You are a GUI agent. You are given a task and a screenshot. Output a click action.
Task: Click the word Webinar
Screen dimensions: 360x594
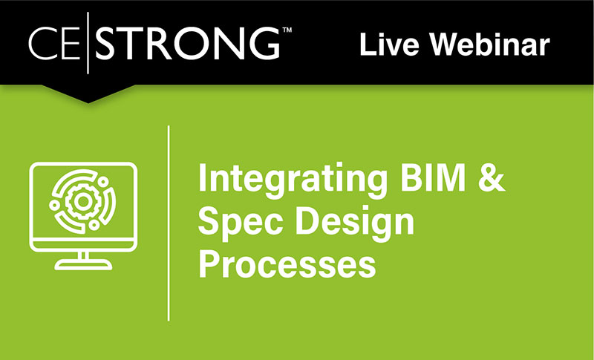point(491,45)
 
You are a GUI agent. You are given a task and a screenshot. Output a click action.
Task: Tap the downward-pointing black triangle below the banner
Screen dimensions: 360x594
point(89,93)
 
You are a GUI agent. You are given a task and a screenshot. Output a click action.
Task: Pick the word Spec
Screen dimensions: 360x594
point(236,222)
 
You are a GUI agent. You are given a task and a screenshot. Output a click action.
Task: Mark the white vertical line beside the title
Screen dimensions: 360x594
point(169,223)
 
